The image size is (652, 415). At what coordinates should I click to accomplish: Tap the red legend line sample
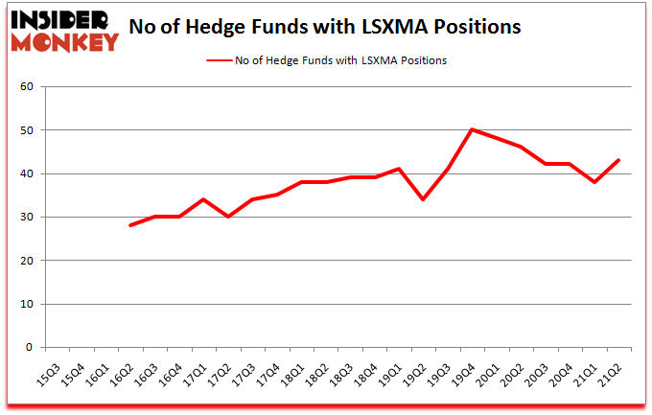click(x=219, y=60)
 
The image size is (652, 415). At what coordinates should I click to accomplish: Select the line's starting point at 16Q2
click(x=129, y=225)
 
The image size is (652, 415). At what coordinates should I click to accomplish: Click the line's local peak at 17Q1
click(x=203, y=199)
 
